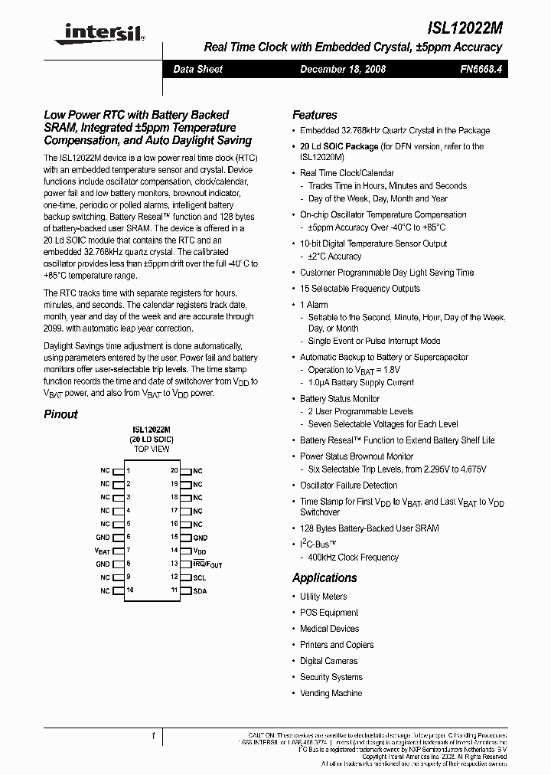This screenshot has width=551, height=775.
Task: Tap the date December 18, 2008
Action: (342, 70)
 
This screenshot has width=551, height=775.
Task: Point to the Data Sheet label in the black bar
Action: (197, 70)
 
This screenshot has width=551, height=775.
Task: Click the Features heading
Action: (315, 115)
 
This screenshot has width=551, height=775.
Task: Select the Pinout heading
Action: (60, 414)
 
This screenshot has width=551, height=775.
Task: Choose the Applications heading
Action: (324, 578)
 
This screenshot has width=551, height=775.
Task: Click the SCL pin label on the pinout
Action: (199, 577)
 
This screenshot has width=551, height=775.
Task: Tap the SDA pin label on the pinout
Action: (200, 591)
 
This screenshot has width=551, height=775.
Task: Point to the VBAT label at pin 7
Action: (103, 551)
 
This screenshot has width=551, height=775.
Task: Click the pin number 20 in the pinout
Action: (174, 471)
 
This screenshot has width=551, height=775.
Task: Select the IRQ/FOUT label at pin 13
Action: (207, 564)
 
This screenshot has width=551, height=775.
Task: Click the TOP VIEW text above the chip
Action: (151, 450)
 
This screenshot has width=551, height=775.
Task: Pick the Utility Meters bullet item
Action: (323, 597)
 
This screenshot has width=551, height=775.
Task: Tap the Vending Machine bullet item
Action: (331, 693)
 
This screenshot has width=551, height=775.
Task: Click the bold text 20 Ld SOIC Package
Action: (339, 146)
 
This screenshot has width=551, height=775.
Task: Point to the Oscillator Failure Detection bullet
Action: (348, 486)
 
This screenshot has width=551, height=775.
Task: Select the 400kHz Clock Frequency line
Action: (353, 558)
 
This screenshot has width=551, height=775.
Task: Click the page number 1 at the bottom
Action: (154, 737)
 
